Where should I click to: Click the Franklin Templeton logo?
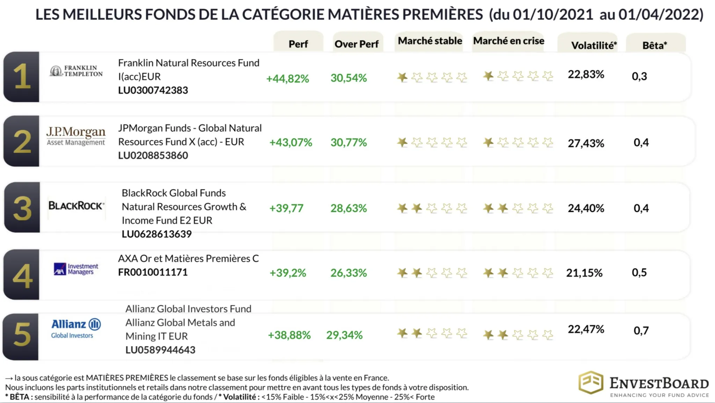coord(76,71)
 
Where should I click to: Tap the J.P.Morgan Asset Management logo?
coord(76,136)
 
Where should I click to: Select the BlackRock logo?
coord(76,206)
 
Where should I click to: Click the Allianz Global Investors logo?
coord(76,328)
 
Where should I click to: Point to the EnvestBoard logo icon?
coord(591,383)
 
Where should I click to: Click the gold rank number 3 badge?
coord(22,208)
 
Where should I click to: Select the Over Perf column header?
coord(356,44)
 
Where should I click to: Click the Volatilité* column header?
coord(594,45)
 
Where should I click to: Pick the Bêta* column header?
coord(655,45)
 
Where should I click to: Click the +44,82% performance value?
coord(287,79)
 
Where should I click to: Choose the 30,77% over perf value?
coord(348,142)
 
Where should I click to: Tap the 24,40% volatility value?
coord(585,208)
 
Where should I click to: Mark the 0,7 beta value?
coord(641,330)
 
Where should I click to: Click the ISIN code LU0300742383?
coord(153,90)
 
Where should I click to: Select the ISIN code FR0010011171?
coord(153,272)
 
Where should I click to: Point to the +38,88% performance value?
coord(289,335)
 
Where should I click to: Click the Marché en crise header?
coord(508,41)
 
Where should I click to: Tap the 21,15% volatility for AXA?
coord(584,273)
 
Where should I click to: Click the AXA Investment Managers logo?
coord(76,269)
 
